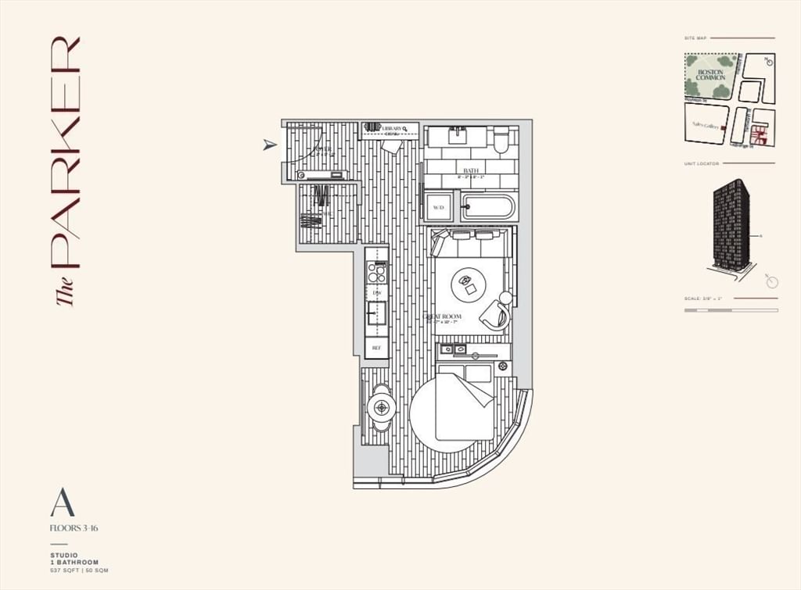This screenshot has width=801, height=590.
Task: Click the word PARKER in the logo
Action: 66,152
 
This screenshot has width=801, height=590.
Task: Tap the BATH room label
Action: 470,170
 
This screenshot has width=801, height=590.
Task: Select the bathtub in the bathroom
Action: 488,207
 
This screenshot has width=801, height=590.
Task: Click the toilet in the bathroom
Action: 501,141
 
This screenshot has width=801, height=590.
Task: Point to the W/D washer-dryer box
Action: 437,207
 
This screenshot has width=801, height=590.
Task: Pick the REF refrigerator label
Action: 376,347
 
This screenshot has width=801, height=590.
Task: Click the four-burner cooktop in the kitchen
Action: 376,272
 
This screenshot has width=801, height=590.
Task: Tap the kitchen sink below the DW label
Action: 376,312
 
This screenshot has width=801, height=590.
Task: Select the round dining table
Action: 383,406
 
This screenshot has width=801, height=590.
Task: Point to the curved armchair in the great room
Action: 496,313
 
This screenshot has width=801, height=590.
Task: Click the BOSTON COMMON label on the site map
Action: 711,75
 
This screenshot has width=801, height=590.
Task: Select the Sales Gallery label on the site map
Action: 705,124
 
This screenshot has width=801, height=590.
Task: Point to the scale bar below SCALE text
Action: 731,310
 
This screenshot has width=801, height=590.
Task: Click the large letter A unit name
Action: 63,502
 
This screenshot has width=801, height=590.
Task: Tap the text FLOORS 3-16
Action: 74,529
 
